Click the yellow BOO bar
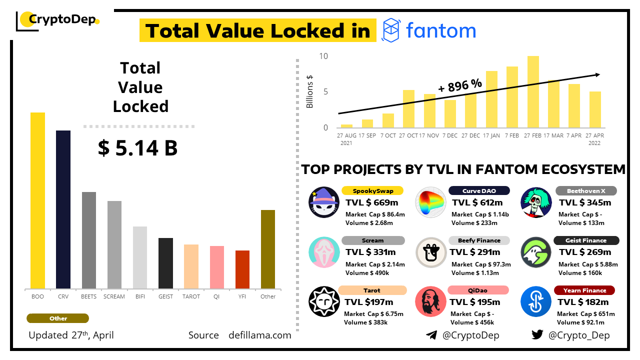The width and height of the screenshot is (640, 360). click(x=37, y=200)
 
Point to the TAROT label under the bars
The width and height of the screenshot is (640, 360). click(x=191, y=296)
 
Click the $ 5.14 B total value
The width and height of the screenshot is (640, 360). click(x=137, y=148)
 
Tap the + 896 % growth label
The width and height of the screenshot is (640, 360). click(x=460, y=85)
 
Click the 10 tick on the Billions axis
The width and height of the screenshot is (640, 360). click(x=323, y=56)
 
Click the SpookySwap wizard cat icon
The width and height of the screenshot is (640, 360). click(x=324, y=202)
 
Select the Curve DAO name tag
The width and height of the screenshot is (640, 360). click(x=479, y=190)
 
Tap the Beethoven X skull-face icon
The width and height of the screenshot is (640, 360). click(x=536, y=202)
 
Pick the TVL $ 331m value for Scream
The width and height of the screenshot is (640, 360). click(x=371, y=252)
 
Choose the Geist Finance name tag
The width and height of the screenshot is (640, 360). click(x=586, y=240)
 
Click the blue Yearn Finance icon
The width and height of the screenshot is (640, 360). click(x=535, y=301)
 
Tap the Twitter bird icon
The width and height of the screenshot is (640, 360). click(x=537, y=335)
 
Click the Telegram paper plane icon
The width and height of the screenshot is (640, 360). click(x=431, y=335)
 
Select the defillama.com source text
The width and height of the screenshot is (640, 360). click(x=259, y=335)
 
